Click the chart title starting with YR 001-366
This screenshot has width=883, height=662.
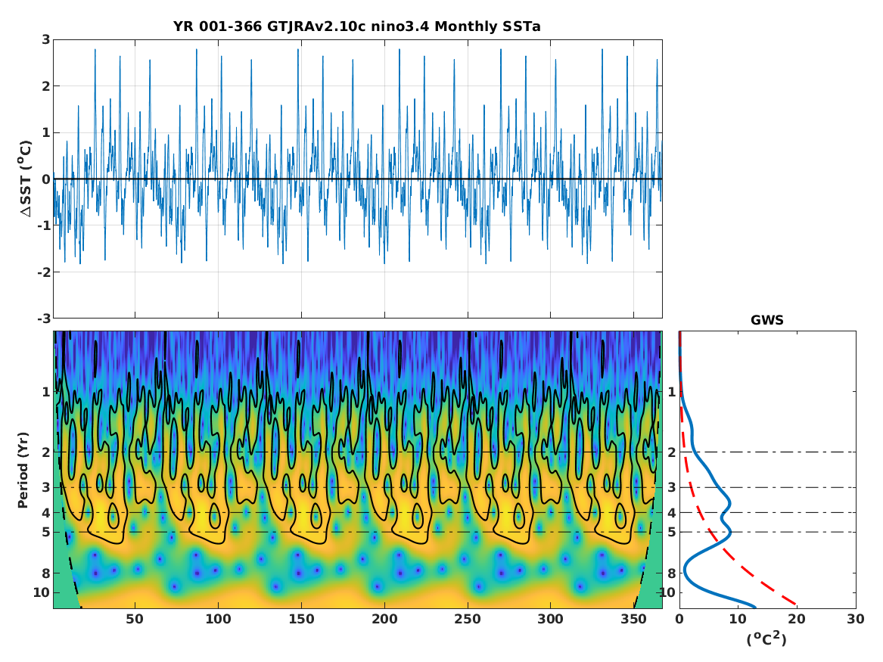click(x=356, y=26)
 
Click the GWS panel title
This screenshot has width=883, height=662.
click(x=766, y=320)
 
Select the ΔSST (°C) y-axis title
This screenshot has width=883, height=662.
click(x=26, y=179)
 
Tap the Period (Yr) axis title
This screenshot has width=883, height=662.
click(x=23, y=469)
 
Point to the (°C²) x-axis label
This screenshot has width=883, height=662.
click(x=766, y=639)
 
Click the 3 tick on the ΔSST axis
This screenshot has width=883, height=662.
click(x=45, y=39)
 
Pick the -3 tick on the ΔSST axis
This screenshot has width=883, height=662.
click(x=43, y=318)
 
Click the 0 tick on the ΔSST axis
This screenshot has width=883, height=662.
click(x=45, y=179)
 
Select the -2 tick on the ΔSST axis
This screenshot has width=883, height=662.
click(x=43, y=272)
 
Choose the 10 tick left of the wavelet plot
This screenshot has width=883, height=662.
click(x=42, y=592)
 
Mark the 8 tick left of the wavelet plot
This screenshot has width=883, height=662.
click(x=45, y=573)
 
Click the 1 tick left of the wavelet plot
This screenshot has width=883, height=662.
click(x=45, y=391)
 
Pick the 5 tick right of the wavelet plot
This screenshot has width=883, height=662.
click(x=671, y=532)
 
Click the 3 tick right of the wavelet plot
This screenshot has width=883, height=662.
click(x=671, y=487)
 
